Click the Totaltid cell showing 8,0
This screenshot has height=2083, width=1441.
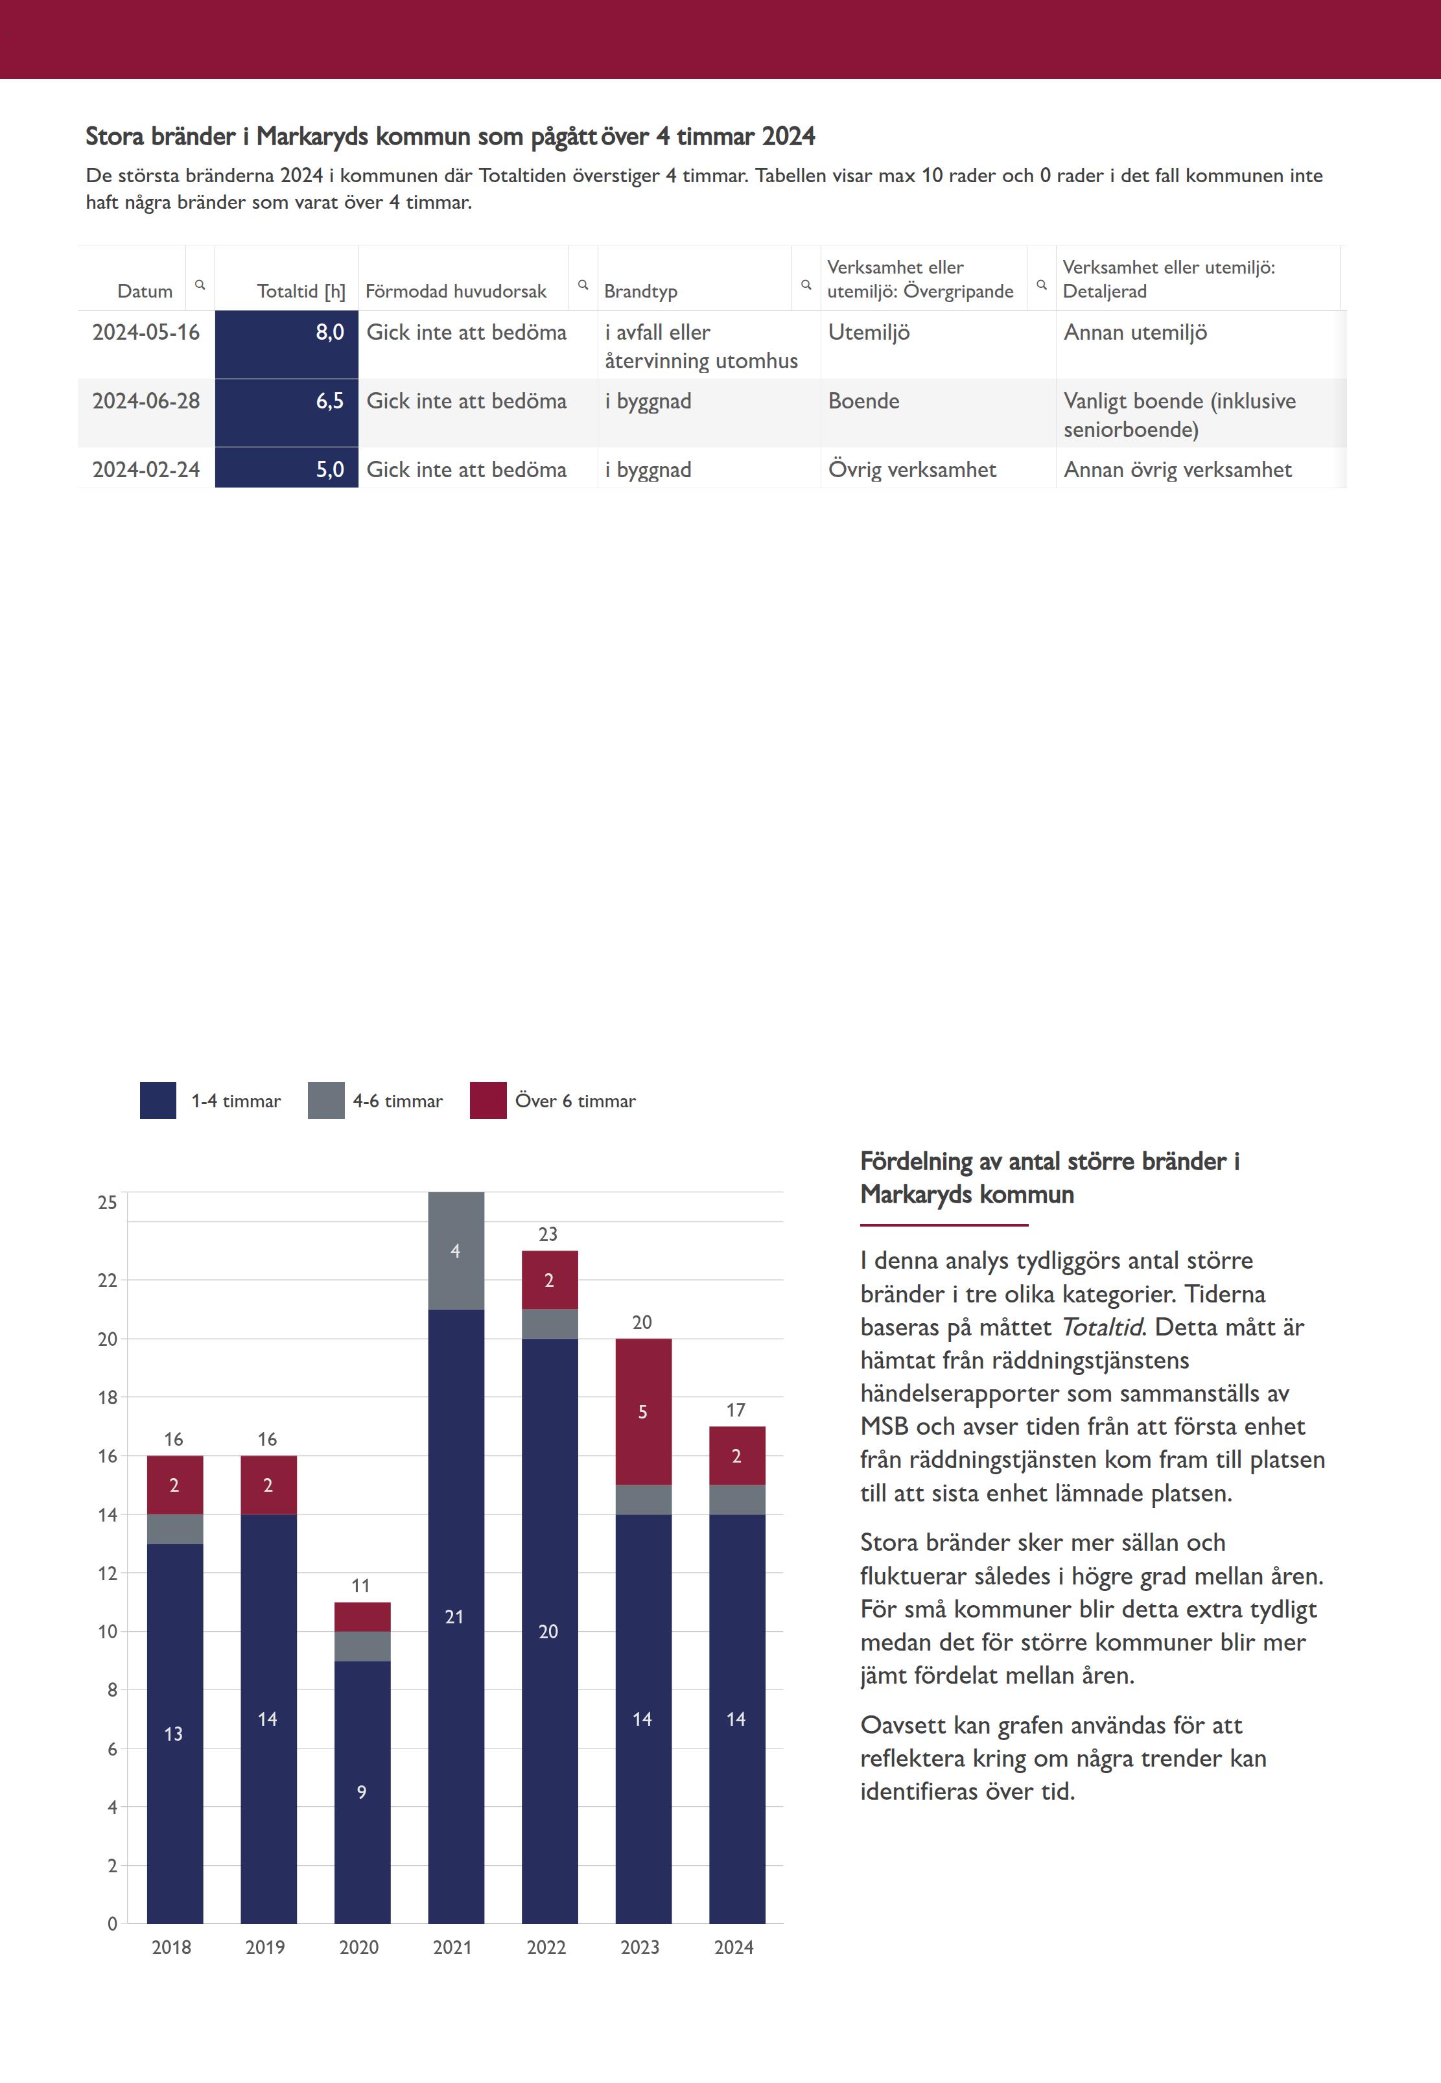pyautogui.click(x=287, y=344)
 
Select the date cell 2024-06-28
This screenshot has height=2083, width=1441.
pyautogui.click(x=146, y=401)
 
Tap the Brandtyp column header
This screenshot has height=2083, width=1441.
pyautogui.click(x=640, y=290)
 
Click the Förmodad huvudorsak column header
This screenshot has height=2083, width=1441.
pyautogui.click(x=456, y=290)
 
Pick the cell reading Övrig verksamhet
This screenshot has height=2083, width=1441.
pyautogui.click(x=912, y=469)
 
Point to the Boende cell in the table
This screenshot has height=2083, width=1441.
pyautogui.click(x=863, y=401)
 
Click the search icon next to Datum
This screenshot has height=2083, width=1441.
pyautogui.click(x=200, y=285)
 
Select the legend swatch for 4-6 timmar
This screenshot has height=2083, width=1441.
pyautogui.click(x=326, y=1100)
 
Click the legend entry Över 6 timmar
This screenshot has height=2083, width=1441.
pyautogui.click(x=552, y=1100)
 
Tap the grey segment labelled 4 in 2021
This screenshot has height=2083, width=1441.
pyautogui.click(x=456, y=1251)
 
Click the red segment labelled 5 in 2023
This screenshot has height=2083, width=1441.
pyautogui.click(x=644, y=1411)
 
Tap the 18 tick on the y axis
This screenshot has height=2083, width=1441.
pyautogui.click(x=108, y=1397)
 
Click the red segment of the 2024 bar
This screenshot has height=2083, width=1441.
pyautogui.click(x=738, y=1455)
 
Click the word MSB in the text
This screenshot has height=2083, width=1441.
pyautogui.click(x=884, y=1426)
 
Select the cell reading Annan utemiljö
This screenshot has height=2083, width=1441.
pyautogui.click(x=1135, y=333)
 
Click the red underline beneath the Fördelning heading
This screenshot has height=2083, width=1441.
pyautogui.click(x=944, y=1225)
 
